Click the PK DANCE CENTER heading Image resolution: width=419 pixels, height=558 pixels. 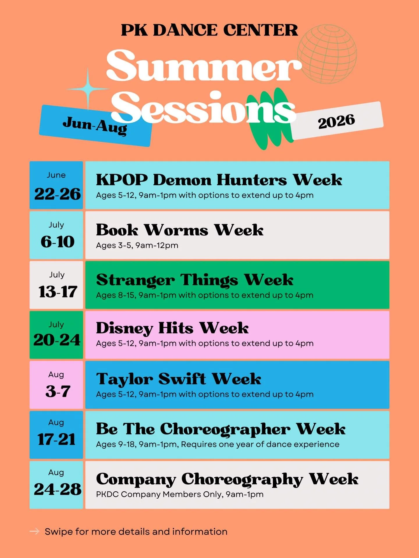click(209, 30)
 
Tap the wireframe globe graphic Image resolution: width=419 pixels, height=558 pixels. click(327, 54)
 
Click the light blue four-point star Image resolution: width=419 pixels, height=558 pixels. click(88, 89)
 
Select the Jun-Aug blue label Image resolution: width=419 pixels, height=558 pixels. click(95, 126)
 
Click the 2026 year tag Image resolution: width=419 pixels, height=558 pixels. click(337, 121)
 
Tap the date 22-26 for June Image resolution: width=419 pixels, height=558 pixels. click(57, 194)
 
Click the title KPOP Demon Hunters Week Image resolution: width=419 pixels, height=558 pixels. click(219, 180)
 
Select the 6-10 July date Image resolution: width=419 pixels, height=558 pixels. click(57, 242)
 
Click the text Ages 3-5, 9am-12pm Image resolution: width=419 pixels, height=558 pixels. click(137, 245)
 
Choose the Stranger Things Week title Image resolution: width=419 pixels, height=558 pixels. click(194, 280)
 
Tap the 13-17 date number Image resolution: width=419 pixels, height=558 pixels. click(58, 291)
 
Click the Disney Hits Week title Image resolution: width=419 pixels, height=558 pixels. click(172, 328)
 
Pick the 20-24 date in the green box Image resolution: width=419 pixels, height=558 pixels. click(57, 340)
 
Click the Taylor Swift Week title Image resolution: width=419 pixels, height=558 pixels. click(178, 379)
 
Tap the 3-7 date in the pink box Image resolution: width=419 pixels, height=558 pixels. click(58, 391)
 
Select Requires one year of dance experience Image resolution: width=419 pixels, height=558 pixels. click(260, 444)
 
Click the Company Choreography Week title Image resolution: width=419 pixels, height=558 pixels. click(227, 479)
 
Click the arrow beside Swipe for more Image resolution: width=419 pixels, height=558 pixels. click(34, 532)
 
